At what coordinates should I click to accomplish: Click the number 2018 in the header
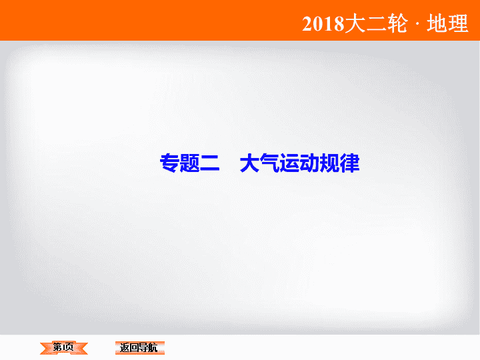[x=323, y=24]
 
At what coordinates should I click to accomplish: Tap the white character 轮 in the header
[x=397, y=23]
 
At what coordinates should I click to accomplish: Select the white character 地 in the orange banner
[x=437, y=23]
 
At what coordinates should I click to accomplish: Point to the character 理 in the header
[x=458, y=23]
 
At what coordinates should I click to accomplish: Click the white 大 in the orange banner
[x=355, y=23]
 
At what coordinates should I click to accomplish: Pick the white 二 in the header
[x=377, y=24]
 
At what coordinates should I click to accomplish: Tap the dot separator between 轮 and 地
[x=417, y=24]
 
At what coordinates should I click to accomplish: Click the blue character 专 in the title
[x=169, y=163]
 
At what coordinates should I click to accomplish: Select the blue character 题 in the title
[x=189, y=163]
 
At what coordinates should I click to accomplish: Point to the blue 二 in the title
[x=210, y=163]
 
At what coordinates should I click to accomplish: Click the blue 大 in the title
[x=249, y=163]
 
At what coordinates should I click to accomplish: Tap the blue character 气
[x=269, y=163]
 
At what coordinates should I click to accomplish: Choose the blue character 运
[x=289, y=163]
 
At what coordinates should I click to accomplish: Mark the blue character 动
[x=309, y=163]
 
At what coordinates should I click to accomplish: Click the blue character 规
[x=329, y=163]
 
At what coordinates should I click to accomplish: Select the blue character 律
[x=349, y=163]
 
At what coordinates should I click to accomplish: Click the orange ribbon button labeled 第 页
[x=64, y=348]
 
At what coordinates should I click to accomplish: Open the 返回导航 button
[x=140, y=348]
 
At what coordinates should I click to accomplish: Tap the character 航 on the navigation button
[x=153, y=348]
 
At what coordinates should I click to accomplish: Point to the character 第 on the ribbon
[x=57, y=347]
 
